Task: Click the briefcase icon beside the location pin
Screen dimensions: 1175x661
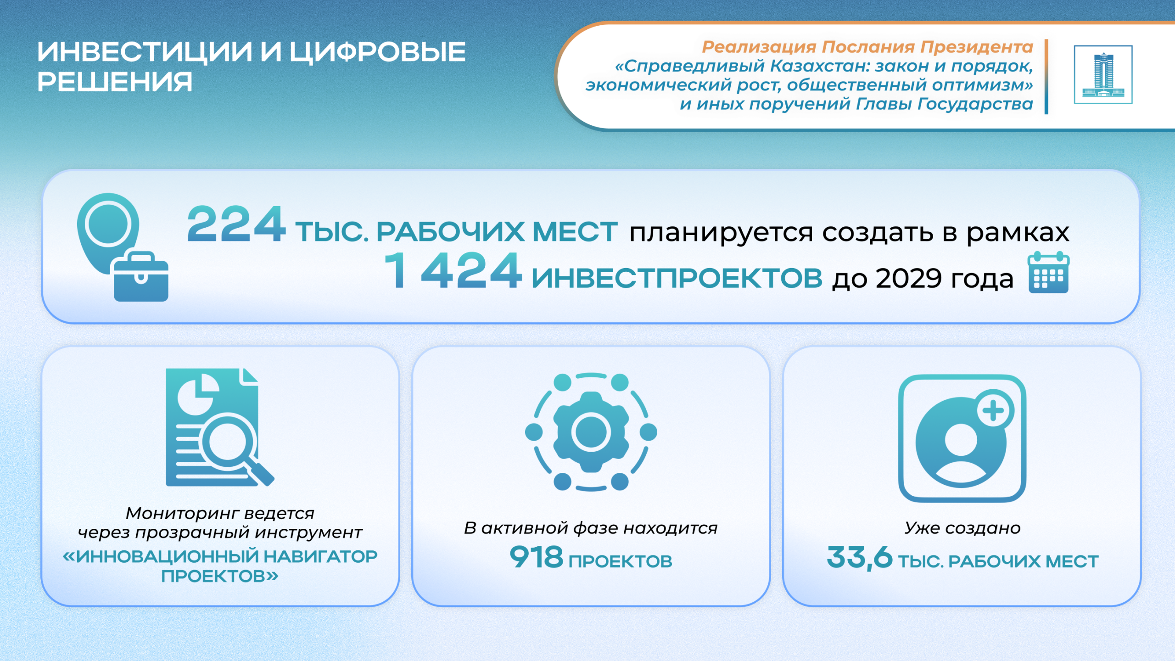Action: pyautogui.click(x=141, y=277)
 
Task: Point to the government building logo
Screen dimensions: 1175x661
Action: pyautogui.click(x=1103, y=75)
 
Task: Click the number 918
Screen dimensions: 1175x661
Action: pyautogui.click(x=537, y=557)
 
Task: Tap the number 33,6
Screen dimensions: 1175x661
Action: pyautogui.click(x=860, y=558)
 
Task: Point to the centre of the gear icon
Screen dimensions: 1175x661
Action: pyautogui.click(x=591, y=432)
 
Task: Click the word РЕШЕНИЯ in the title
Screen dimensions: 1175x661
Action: pyautogui.click(x=115, y=82)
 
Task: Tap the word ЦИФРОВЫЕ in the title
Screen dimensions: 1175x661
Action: pyautogui.click(x=378, y=51)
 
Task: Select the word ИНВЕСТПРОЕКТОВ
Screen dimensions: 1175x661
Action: pyautogui.click(x=677, y=278)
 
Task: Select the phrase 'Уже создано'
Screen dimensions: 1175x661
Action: pyautogui.click(x=962, y=528)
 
